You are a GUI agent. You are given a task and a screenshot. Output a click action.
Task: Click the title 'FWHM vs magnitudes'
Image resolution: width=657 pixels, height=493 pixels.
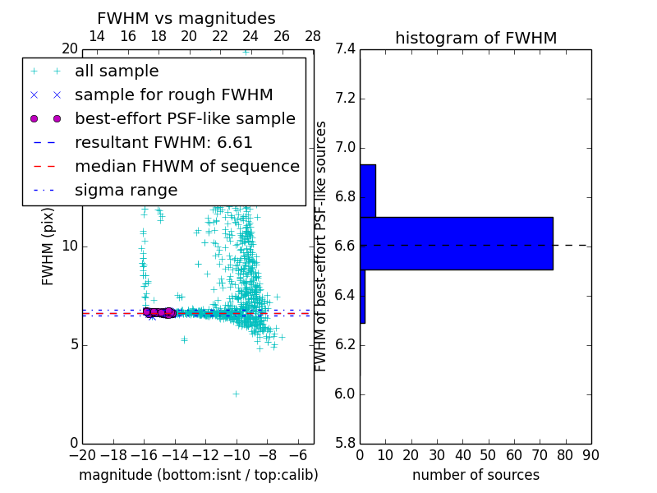pyautogui.click(x=186, y=18)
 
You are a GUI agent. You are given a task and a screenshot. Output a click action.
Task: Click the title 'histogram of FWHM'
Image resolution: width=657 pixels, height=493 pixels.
pyautogui.click(x=476, y=38)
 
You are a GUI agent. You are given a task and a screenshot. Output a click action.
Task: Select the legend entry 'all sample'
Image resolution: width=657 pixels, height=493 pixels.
pyautogui.click(x=117, y=71)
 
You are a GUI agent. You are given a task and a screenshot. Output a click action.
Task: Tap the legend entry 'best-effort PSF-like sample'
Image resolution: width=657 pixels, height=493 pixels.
pyautogui.click(x=185, y=119)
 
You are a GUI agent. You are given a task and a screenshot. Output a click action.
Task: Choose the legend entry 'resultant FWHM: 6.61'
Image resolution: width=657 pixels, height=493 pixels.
pyautogui.click(x=163, y=143)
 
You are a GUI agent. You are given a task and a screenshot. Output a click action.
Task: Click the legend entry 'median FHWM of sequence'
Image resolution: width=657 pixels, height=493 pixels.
pyautogui.click(x=186, y=167)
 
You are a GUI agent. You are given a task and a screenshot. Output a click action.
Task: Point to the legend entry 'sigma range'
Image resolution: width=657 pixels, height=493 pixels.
pyautogui.click(x=126, y=191)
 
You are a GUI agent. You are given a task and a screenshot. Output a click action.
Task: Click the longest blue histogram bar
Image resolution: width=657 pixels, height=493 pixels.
pyautogui.click(x=456, y=243)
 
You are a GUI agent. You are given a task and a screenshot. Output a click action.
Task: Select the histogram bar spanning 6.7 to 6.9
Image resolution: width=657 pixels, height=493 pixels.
pyautogui.click(x=367, y=191)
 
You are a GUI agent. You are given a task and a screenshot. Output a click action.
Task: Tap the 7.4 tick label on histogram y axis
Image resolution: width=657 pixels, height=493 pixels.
pyautogui.click(x=346, y=49)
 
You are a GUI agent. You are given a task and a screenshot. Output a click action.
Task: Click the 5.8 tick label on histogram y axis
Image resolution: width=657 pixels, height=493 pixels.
pyautogui.click(x=346, y=443)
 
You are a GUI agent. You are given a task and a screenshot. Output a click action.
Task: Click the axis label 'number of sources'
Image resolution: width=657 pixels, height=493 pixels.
pyautogui.click(x=476, y=475)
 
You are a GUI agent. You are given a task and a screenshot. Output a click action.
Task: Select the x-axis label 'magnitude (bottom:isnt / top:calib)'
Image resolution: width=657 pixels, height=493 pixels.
pyautogui.click(x=198, y=475)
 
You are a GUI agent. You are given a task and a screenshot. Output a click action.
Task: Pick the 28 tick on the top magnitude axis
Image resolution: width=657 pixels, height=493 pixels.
pyautogui.click(x=313, y=36)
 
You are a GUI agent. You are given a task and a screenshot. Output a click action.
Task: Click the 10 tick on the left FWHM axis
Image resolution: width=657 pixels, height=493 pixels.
pyautogui.click(x=69, y=246)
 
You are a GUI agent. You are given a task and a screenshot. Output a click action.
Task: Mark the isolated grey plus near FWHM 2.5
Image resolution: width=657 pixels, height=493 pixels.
pyautogui.click(x=236, y=394)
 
